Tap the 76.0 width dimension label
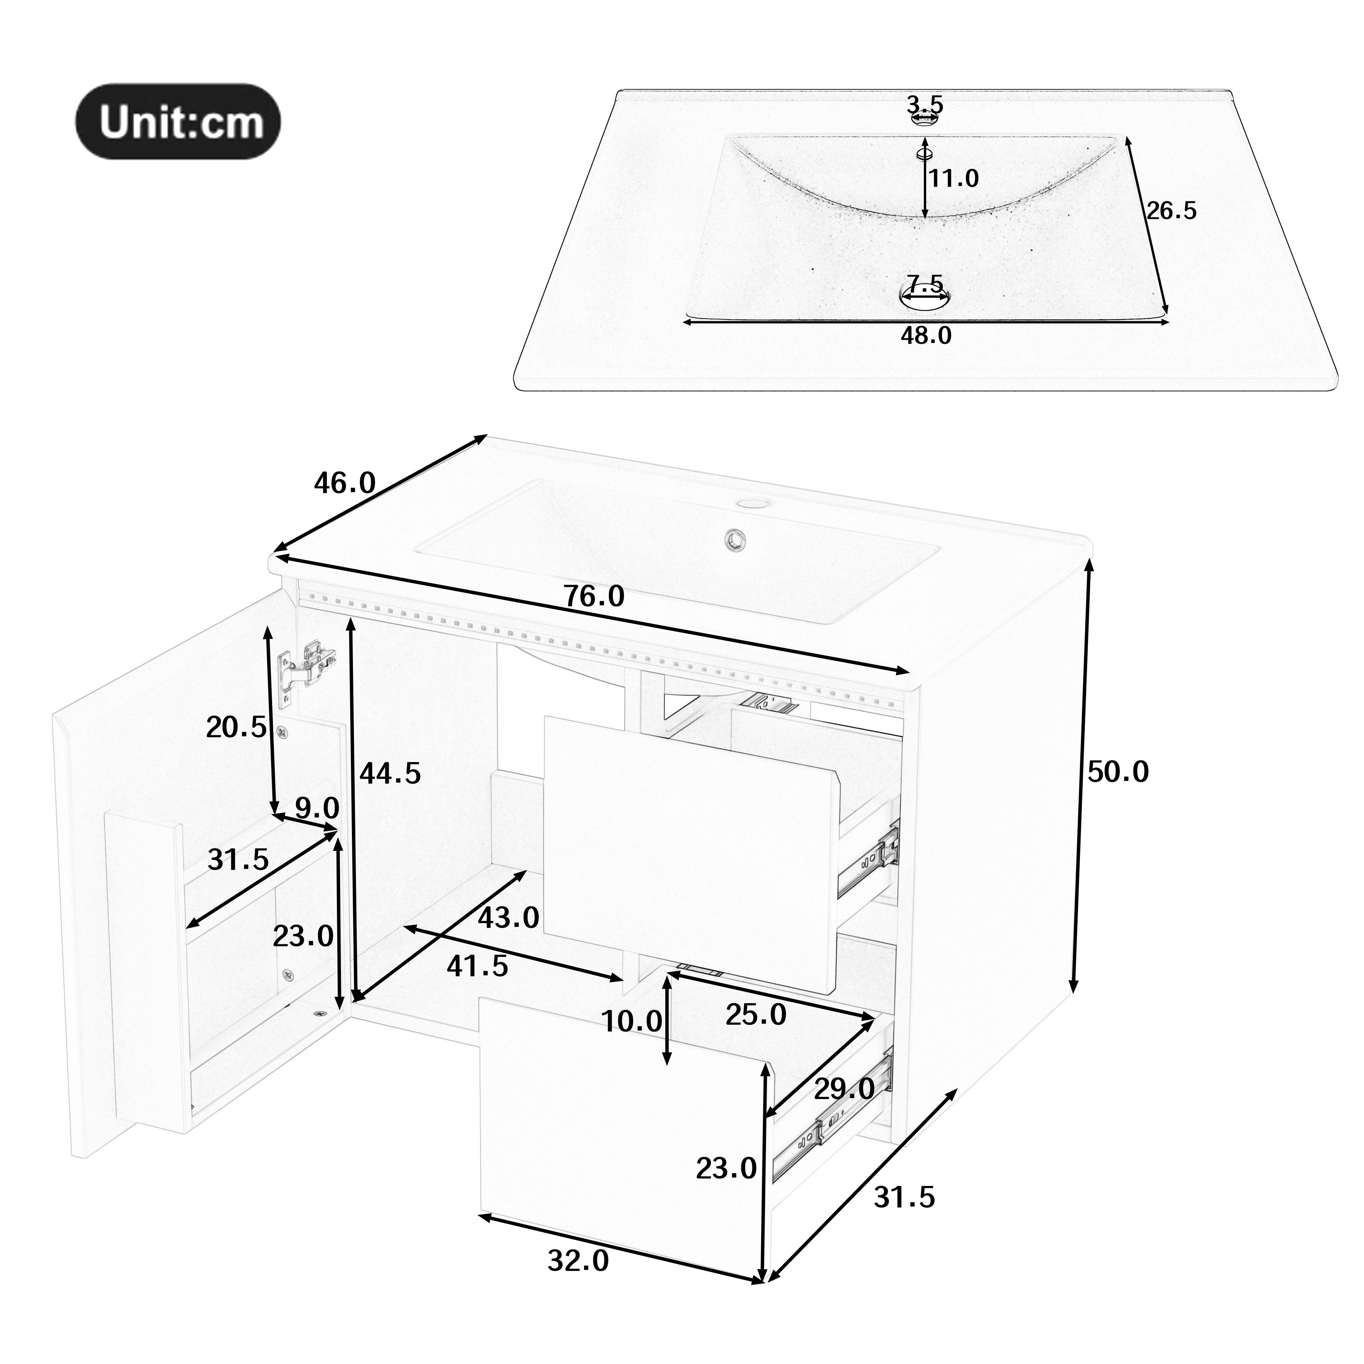[x=594, y=596]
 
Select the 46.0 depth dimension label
[x=344, y=484]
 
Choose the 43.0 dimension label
[x=508, y=918]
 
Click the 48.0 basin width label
[x=925, y=335]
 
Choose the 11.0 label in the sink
[x=953, y=179]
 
